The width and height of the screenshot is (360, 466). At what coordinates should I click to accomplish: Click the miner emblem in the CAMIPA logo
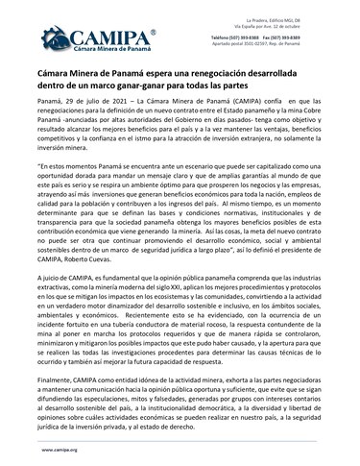point(49,38)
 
